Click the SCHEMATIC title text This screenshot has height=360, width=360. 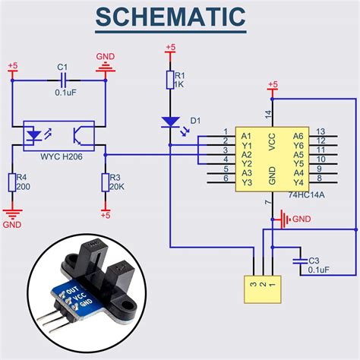pyautogui.click(x=181, y=18)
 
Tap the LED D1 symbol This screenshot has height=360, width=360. pyautogui.click(x=170, y=122)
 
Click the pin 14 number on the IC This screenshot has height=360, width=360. pyautogui.click(x=268, y=114)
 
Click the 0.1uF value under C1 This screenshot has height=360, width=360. pyautogui.click(x=64, y=93)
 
